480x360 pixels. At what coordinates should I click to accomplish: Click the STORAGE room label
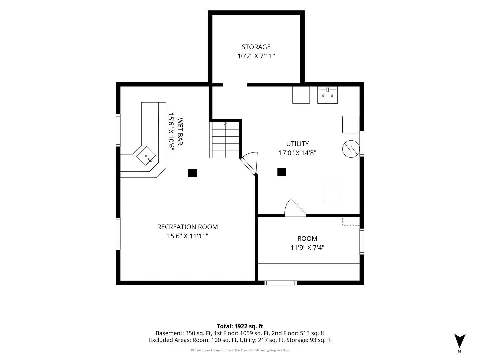(256, 47)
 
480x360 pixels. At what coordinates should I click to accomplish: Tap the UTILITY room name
(297, 144)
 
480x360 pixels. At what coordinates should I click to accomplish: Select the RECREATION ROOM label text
(187, 227)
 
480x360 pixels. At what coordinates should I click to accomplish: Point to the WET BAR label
(180, 131)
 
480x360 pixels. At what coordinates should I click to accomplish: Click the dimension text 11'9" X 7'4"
(307, 248)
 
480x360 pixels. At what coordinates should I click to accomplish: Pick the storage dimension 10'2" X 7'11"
(256, 56)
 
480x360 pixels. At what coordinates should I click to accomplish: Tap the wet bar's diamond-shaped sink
(146, 156)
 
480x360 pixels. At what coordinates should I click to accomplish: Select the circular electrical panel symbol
(351, 149)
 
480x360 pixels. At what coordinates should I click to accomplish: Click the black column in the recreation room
(192, 173)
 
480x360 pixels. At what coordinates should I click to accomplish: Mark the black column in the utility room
(282, 172)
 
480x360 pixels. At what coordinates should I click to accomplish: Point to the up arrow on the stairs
(225, 124)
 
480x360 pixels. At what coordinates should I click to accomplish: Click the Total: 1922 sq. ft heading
(240, 326)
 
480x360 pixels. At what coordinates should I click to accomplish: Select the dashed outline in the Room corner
(351, 221)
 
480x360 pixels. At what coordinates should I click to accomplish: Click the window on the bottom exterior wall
(281, 283)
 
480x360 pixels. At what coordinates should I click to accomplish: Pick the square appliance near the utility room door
(331, 191)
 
